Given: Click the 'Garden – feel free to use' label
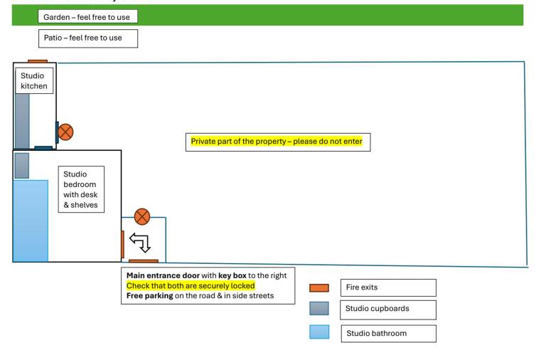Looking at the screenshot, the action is pyautogui.click(x=87, y=17).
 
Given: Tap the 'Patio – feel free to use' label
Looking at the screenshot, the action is pyautogui.click(x=88, y=38).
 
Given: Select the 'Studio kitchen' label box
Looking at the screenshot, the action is pyautogui.click(x=34, y=81).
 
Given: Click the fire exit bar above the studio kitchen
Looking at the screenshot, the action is pyautogui.click(x=38, y=61).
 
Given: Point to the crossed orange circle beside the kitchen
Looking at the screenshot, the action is pyautogui.click(x=65, y=132).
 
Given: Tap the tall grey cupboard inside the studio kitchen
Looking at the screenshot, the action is pyautogui.click(x=22, y=121).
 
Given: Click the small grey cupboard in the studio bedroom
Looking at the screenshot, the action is pyautogui.click(x=22, y=166).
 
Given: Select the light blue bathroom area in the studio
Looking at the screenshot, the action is pyautogui.click(x=31, y=221).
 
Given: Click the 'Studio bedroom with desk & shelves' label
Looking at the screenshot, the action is pyautogui.click(x=81, y=189).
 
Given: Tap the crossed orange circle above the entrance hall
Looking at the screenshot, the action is pyautogui.click(x=142, y=217).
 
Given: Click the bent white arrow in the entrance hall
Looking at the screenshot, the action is pyautogui.click(x=140, y=242).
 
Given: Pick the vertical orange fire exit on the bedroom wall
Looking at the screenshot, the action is pyautogui.click(x=122, y=244).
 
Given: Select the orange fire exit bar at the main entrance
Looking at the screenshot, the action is pyautogui.click(x=144, y=261).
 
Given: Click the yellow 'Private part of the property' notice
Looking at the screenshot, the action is pyautogui.click(x=277, y=141).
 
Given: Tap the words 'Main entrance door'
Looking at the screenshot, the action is pyautogui.click(x=163, y=275).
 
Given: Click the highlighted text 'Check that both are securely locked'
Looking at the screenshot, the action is pyautogui.click(x=191, y=286).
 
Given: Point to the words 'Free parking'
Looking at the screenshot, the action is pyautogui.click(x=150, y=296).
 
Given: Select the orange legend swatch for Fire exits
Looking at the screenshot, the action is pyautogui.click(x=319, y=288).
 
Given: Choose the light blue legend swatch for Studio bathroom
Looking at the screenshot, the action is pyautogui.click(x=319, y=332).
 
